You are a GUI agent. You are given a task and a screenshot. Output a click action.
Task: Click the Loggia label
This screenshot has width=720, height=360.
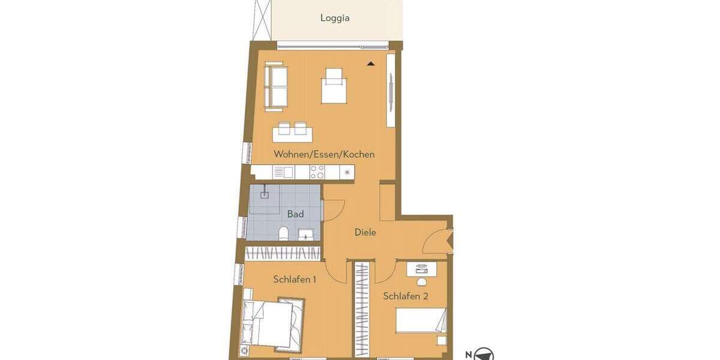(x=335, y=18)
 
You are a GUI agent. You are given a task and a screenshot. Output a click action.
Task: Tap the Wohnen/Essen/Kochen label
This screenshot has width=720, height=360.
(x=324, y=154)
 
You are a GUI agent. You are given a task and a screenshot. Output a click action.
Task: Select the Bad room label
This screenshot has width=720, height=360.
(x=295, y=214)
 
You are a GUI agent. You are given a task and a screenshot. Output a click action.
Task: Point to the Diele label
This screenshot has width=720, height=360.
(x=365, y=232)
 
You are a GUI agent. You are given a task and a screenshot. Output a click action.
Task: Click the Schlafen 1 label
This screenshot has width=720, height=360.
(x=295, y=279)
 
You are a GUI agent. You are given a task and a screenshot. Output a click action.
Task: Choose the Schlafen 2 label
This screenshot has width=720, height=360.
(x=406, y=296)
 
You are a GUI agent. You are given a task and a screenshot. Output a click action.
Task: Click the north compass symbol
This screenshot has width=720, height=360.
(x=484, y=355)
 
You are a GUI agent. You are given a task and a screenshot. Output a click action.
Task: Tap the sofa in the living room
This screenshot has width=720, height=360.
(x=276, y=88)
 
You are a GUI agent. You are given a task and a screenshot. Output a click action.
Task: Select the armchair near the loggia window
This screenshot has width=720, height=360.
(x=334, y=86)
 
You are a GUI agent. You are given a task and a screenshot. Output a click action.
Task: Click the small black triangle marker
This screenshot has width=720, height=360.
(x=371, y=63)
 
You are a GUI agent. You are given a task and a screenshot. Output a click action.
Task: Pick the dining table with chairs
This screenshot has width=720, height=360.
(x=291, y=131)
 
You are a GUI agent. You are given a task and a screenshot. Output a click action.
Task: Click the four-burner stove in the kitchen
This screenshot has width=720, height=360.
(x=317, y=173)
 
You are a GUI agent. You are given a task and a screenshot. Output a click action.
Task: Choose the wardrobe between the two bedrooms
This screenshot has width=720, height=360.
(x=362, y=306)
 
